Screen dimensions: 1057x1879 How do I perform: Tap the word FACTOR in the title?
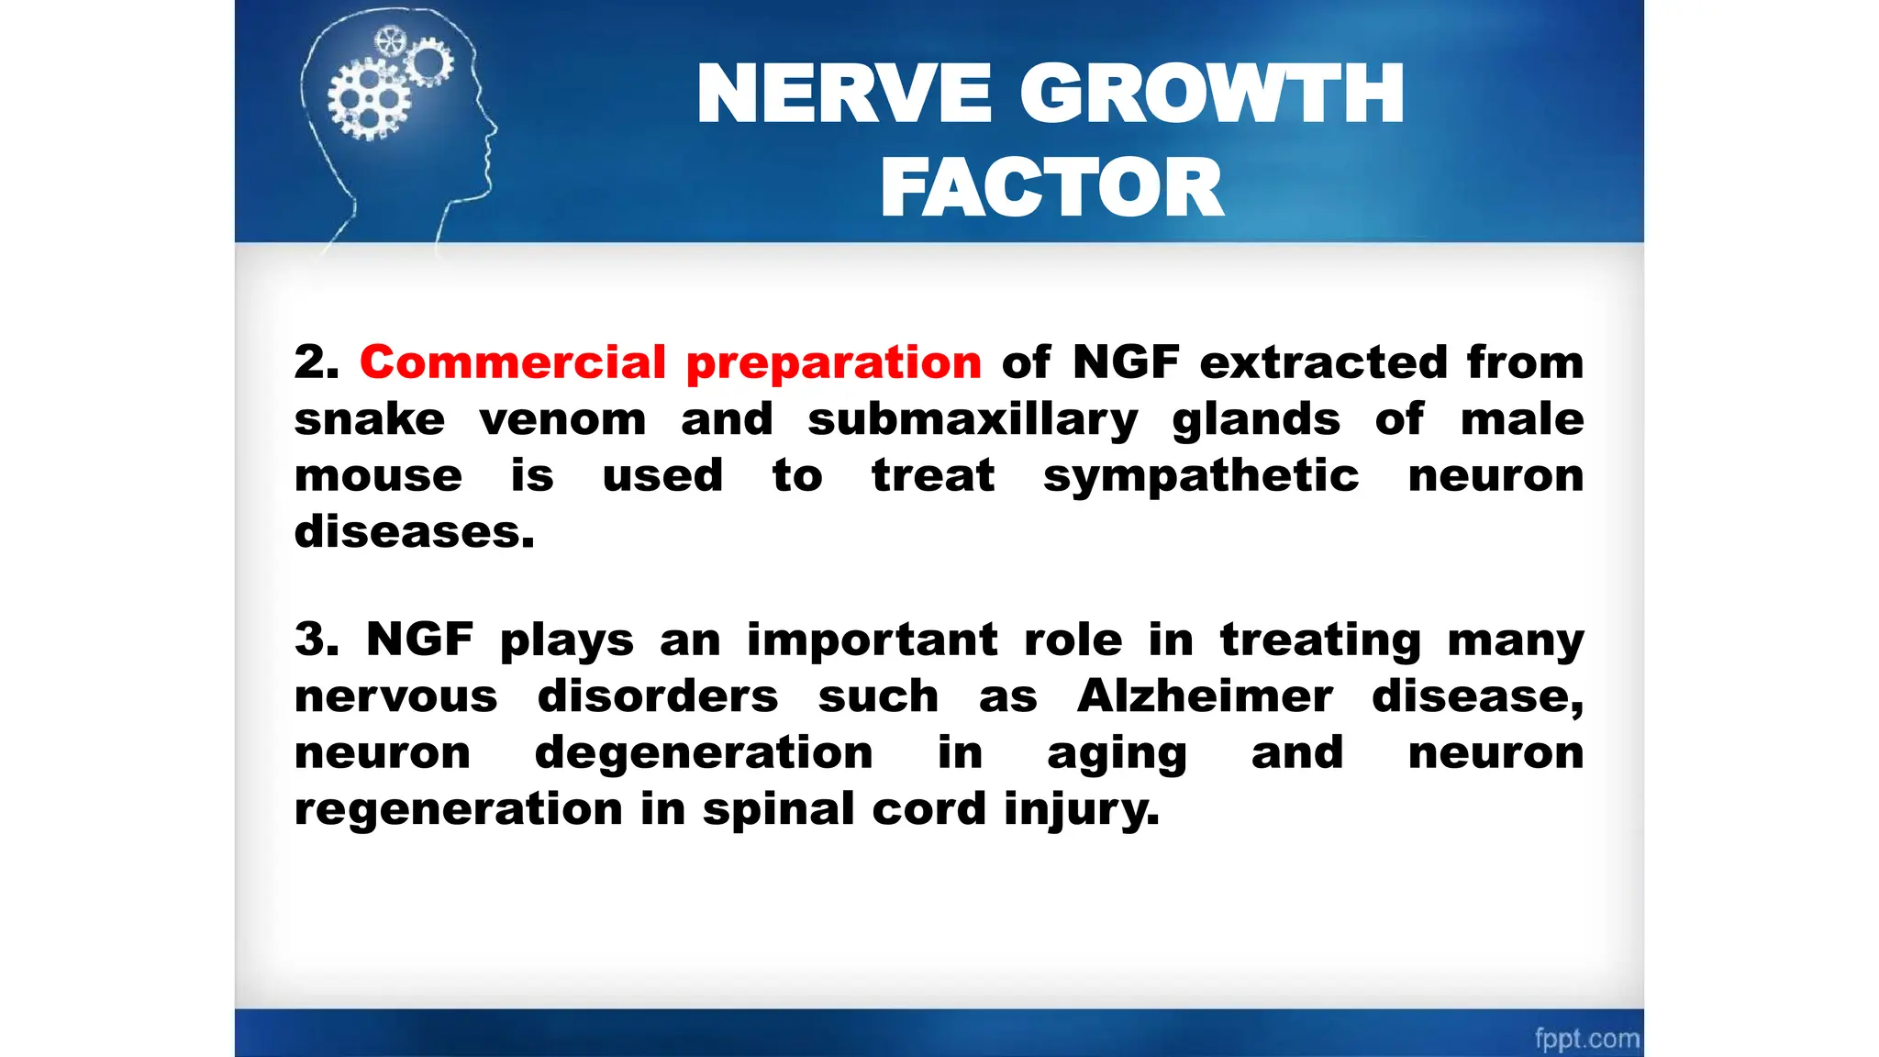(x=1051, y=188)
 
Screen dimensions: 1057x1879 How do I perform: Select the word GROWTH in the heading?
(x=1212, y=94)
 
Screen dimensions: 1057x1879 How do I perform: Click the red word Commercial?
(x=513, y=362)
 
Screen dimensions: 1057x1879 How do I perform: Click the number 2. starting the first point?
(x=316, y=362)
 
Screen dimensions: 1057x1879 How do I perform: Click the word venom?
(x=562, y=420)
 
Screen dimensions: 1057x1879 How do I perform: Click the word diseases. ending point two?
(x=414, y=532)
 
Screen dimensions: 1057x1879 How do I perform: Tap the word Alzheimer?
(x=1204, y=696)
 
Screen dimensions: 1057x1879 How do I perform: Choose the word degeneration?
(x=704, y=754)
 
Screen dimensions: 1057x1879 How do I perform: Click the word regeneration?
(x=458, y=809)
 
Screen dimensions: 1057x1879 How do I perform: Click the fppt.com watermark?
(x=1586, y=1039)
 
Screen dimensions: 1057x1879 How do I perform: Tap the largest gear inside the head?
(x=369, y=99)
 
